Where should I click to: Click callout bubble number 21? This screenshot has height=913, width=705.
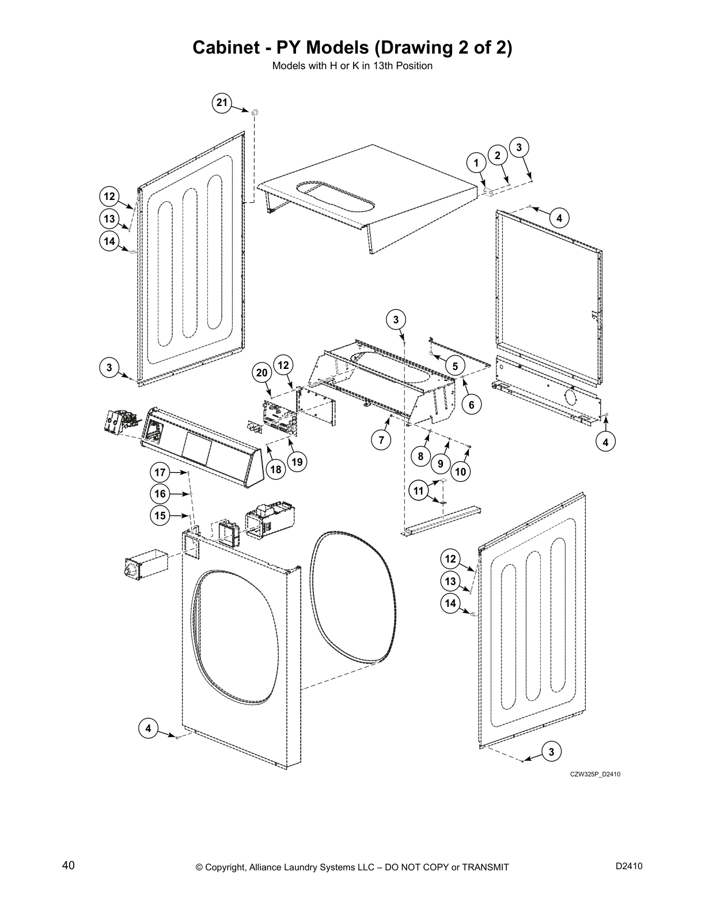click(x=222, y=103)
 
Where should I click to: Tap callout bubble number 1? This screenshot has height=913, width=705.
click(x=476, y=163)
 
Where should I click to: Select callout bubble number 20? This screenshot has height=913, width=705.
click(x=262, y=373)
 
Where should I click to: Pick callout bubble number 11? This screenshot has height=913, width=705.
click(x=419, y=491)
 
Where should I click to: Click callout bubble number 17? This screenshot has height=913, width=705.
click(x=160, y=473)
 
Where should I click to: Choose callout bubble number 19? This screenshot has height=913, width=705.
click(x=297, y=462)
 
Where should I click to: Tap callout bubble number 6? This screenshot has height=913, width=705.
click(x=471, y=405)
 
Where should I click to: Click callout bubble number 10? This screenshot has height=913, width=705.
click(x=460, y=472)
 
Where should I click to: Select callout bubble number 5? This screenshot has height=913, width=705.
click(x=454, y=366)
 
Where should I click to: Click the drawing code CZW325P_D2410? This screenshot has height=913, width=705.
click(x=595, y=774)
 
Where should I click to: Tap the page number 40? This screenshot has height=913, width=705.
click(x=68, y=866)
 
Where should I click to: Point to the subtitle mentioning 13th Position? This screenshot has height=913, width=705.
click(x=352, y=66)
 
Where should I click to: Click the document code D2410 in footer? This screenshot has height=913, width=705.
click(x=628, y=866)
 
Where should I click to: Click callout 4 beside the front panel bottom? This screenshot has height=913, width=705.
click(x=149, y=729)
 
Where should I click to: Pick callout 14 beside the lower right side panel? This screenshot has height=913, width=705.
click(x=450, y=603)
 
